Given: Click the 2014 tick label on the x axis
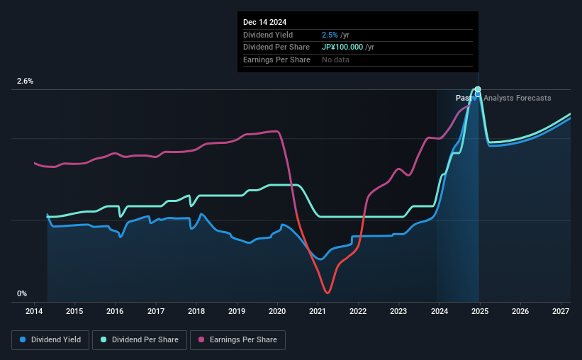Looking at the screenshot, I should (x=35, y=312).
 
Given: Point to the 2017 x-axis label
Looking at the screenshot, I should (x=156, y=312).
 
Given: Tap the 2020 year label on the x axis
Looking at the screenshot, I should (x=277, y=312).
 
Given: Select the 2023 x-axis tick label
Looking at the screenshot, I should (x=398, y=312).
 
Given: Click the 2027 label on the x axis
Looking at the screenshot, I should (x=560, y=312).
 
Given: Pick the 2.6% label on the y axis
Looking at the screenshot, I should (x=25, y=81).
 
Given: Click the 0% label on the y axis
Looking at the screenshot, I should (x=22, y=293).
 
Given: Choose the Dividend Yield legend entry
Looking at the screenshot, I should (x=50, y=340).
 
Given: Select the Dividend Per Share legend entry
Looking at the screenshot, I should (x=144, y=340).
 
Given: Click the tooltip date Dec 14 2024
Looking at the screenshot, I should (x=265, y=22).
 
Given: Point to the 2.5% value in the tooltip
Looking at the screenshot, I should (x=329, y=35).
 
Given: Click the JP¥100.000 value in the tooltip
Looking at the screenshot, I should (x=348, y=47).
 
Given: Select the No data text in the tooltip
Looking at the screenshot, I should (x=335, y=60).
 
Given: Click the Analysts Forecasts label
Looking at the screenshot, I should (x=517, y=98).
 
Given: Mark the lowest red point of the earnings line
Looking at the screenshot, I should (x=327, y=292).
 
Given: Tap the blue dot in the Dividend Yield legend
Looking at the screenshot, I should (x=23, y=340).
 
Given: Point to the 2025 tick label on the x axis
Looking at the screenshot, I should (x=479, y=312).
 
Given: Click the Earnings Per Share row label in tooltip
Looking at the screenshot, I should (x=276, y=60).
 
